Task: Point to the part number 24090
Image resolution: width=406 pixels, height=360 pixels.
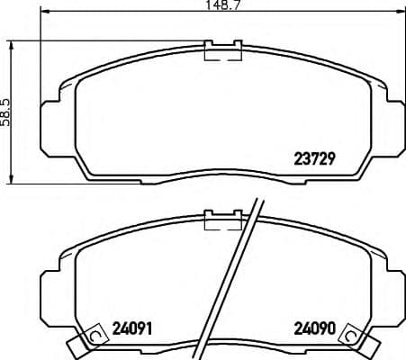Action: [x=316, y=328]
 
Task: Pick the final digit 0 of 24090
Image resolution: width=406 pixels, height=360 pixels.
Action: [x=332, y=328]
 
